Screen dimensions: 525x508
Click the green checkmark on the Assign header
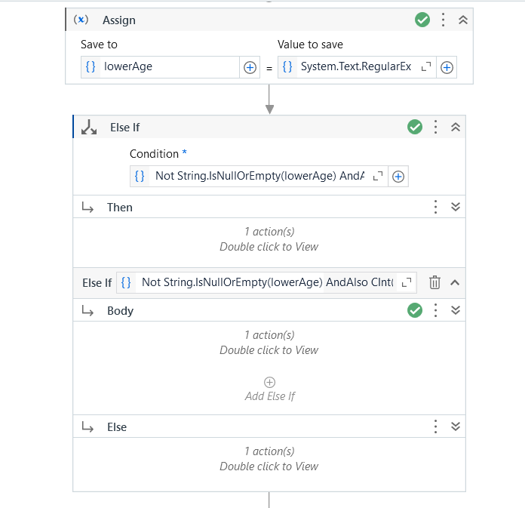pyautogui.click(x=422, y=20)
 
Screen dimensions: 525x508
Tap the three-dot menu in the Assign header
pyautogui.click(x=443, y=20)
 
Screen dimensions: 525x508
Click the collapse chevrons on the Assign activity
pyautogui.click(x=463, y=20)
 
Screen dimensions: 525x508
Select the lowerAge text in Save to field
pyautogui.click(x=128, y=66)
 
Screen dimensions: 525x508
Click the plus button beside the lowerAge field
pyautogui.click(x=250, y=67)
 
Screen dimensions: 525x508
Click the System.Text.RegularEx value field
pyautogui.click(x=355, y=66)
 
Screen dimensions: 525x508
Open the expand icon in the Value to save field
pyautogui.click(x=426, y=66)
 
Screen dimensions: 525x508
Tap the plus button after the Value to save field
pyautogui.click(x=447, y=67)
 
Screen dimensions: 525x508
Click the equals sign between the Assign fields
pyautogui.click(x=269, y=69)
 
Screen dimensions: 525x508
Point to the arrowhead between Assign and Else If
pyautogui.click(x=269, y=109)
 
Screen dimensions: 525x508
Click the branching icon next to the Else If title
pyautogui.click(x=89, y=128)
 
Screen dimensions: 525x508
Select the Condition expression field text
pyautogui.click(x=259, y=176)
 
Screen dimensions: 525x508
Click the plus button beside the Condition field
pyautogui.click(x=398, y=177)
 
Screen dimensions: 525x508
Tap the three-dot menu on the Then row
pyautogui.click(x=435, y=207)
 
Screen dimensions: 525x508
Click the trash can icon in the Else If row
pyautogui.click(x=434, y=282)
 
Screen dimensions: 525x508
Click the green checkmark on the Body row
pyautogui.click(x=415, y=310)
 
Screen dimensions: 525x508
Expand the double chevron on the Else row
pyautogui.click(x=456, y=426)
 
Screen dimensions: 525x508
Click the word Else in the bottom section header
pyautogui.click(x=117, y=427)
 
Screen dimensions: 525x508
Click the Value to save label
pyautogui.click(x=310, y=45)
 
